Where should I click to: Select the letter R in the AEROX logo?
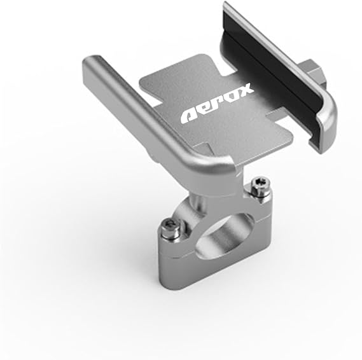(x=218, y=103)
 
